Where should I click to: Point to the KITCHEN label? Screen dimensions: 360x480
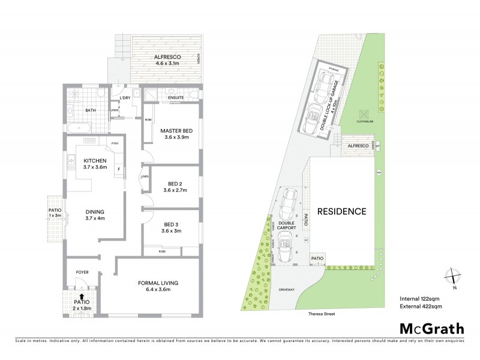click(x=95, y=160)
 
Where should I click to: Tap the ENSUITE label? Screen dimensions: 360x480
click(x=176, y=97)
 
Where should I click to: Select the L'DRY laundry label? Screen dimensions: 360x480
click(x=125, y=98)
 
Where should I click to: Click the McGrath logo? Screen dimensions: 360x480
click(x=431, y=328)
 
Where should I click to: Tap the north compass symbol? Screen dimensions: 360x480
click(x=451, y=277)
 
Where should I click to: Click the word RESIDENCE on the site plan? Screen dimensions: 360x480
click(x=341, y=211)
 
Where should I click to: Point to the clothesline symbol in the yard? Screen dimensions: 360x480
click(x=362, y=114)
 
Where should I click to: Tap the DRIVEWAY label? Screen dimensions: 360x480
click(x=287, y=290)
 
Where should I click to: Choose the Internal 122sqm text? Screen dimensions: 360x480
click(x=421, y=298)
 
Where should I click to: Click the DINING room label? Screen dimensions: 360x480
click(x=95, y=212)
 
